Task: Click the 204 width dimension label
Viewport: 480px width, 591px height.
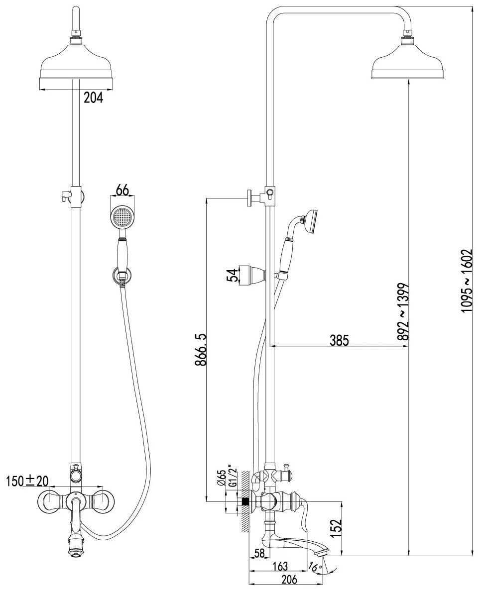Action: (x=93, y=98)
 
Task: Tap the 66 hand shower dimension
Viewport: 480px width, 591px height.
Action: (x=122, y=190)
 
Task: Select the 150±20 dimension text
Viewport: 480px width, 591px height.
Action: (x=27, y=481)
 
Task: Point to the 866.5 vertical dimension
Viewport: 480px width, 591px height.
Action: (x=201, y=350)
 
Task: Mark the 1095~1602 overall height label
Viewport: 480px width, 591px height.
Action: (x=467, y=281)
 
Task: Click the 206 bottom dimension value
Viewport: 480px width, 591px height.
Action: (x=289, y=579)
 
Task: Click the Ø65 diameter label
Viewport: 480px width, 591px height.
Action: (x=220, y=478)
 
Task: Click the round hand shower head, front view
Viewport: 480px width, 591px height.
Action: (x=121, y=216)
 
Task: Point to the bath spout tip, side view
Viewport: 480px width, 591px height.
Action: (x=321, y=553)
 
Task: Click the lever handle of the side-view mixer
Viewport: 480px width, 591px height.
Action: (x=305, y=512)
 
